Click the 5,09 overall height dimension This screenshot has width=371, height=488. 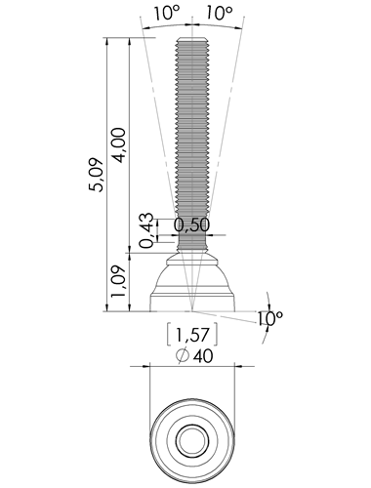pos(97,175)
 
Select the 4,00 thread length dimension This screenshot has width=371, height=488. pos(118,145)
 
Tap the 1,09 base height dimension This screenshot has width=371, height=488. pos(118,281)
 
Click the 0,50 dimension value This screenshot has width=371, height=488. pos(191,224)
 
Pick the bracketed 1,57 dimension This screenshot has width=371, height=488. pos(192,335)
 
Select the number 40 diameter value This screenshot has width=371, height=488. pos(203,356)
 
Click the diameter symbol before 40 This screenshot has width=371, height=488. pos(183,355)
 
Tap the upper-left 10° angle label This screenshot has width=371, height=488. pos(167,14)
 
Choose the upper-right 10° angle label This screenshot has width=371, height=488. pos(220,14)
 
